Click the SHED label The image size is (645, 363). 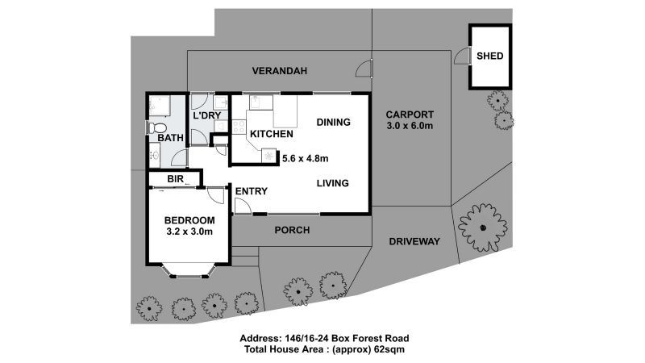[x=490, y=56]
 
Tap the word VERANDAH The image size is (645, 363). [x=280, y=71]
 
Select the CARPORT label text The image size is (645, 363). [x=410, y=114]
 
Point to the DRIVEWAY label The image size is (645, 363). [x=414, y=241]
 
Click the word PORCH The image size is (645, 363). [x=292, y=230]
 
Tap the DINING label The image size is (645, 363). [x=333, y=123]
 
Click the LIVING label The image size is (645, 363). [x=332, y=183]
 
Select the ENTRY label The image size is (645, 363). [x=251, y=191]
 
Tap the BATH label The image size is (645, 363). [x=170, y=138]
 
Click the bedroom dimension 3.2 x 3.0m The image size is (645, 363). [x=189, y=232]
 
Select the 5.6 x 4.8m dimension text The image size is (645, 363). [x=306, y=158]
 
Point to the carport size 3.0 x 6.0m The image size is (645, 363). [x=410, y=126]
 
